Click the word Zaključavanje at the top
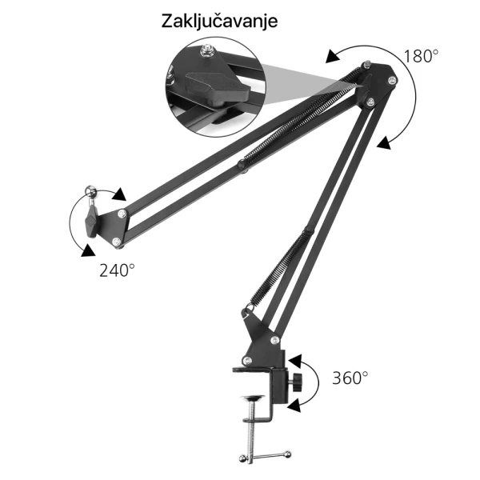click(x=220, y=20)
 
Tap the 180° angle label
click(x=421, y=57)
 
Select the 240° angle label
click(x=117, y=270)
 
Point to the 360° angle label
click(x=350, y=378)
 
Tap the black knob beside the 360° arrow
click(x=298, y=382)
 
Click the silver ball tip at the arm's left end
click(x=90, y=190)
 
